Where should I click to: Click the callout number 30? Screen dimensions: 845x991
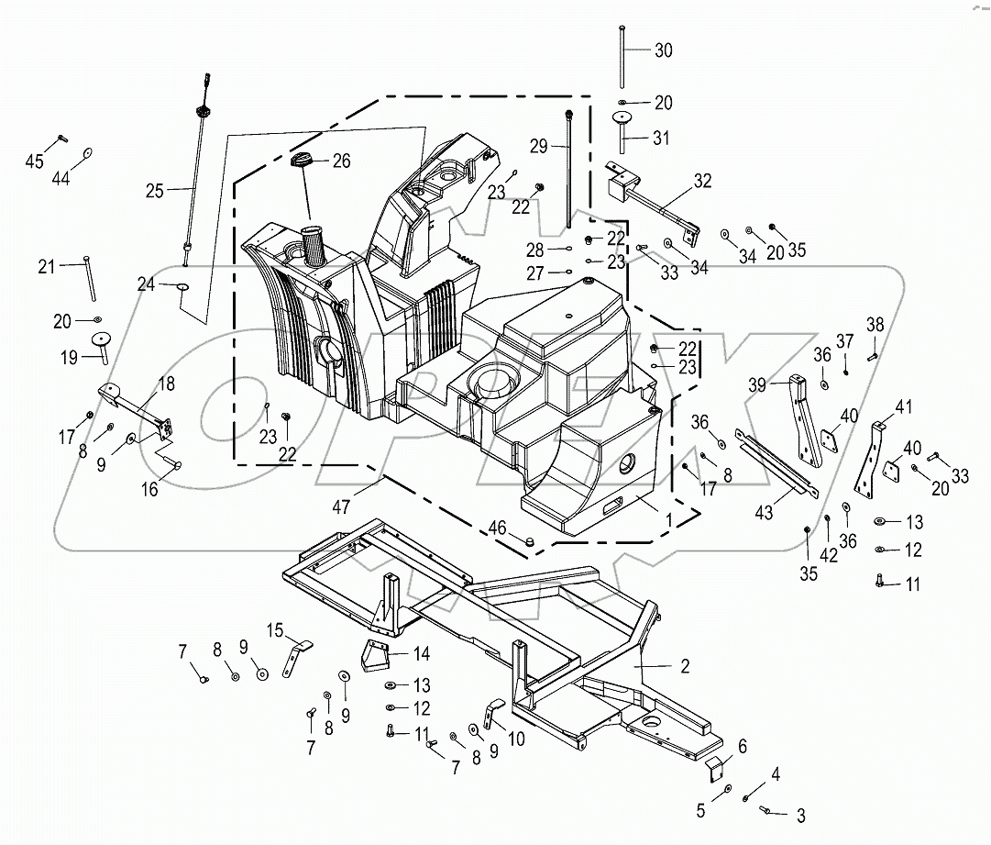pos(663,50)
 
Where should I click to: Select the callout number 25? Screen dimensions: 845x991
pos(155,191)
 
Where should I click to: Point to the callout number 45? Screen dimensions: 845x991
pos(34,161)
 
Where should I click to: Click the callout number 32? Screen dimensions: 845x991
pos(701,181)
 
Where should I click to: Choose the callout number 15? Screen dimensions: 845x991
pos(276,629)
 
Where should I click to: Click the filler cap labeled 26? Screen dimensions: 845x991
pos(302,161)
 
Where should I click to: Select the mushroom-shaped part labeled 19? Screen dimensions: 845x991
pos(99,343)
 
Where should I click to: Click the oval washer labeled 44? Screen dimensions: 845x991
pos(88,153)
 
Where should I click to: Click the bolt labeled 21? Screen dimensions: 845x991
pos(89,278)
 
